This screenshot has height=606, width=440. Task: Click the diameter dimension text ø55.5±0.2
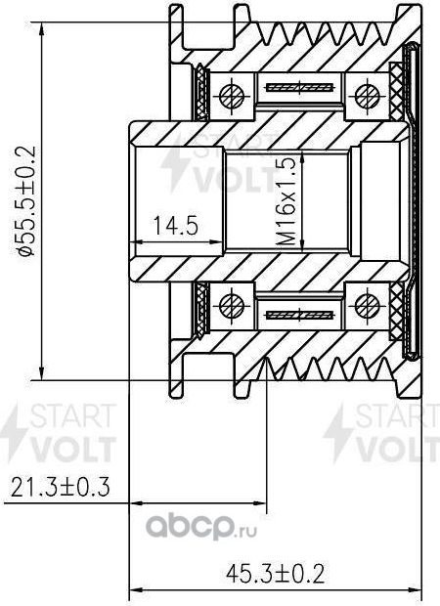(x=26, y=200)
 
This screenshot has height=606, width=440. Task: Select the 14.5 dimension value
(x=176, y=226)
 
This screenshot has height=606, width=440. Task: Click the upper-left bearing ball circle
(x=232, y=95)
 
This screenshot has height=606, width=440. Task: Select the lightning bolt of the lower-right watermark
(x=339, y=430)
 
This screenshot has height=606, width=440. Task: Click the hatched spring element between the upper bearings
(x=299, y=88)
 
